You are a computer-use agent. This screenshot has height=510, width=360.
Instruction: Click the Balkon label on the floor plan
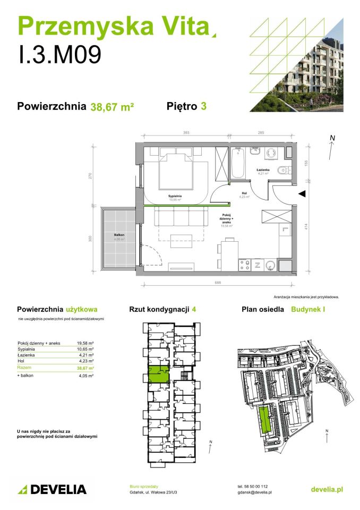(118, 234)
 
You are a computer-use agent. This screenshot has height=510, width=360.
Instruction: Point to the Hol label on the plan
(244, 193)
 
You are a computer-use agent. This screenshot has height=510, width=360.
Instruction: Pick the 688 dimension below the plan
(217, 283)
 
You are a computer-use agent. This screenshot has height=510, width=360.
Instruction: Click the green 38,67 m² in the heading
(112, 106)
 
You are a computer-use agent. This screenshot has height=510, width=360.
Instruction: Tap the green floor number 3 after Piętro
(203, 106)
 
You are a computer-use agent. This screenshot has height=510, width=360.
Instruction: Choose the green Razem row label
(24, 368)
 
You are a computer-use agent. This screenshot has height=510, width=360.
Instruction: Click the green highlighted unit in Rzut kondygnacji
(157, 375)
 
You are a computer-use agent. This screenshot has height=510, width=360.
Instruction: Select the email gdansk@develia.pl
(254, 492)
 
